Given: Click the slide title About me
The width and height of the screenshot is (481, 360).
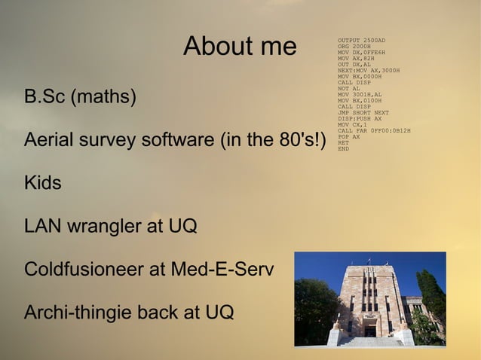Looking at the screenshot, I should coord(240,47).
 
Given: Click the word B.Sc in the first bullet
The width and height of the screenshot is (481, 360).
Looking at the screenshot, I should coord(44,98).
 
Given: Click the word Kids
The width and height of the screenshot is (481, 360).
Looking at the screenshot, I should coord(43,183).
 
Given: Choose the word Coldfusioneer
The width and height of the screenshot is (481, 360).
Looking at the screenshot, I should coord(85,269).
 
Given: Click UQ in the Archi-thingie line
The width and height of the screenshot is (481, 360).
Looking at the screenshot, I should coord(219,312).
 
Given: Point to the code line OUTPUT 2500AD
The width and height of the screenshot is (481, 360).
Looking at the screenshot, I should coord(361,40).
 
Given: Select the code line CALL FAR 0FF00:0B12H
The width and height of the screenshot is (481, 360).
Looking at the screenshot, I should coord(374,130).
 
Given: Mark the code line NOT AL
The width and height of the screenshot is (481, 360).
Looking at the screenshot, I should coord(348,88).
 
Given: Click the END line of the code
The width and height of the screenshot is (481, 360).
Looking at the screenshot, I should coord(343,148).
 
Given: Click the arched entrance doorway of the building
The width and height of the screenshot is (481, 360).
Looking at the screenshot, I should coord(370,329).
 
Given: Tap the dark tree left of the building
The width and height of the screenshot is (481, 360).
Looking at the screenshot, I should coord(313,309).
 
